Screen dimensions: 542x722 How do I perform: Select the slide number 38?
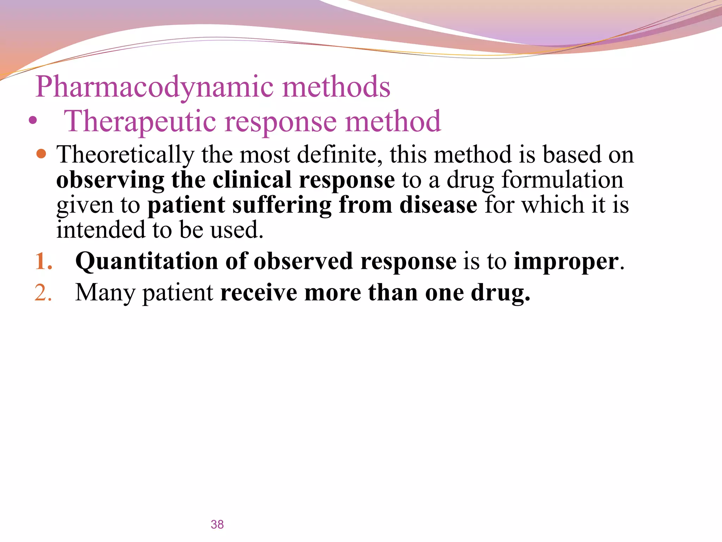tap(217, 524)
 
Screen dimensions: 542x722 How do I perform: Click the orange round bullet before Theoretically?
tap(41, 154)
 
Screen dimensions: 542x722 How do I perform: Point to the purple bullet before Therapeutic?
tap(33, 121)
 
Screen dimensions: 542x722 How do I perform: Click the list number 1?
tap(43, 261)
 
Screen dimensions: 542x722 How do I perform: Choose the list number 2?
tap(43, 293)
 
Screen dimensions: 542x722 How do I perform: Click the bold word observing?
tap(110, 180)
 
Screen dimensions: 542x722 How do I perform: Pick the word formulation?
tap(562, 180)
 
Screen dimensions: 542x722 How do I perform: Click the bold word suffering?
tap(282, 205)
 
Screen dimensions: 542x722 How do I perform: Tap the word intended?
tap(101, 230)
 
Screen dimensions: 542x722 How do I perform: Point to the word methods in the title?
tap(336, 87)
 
